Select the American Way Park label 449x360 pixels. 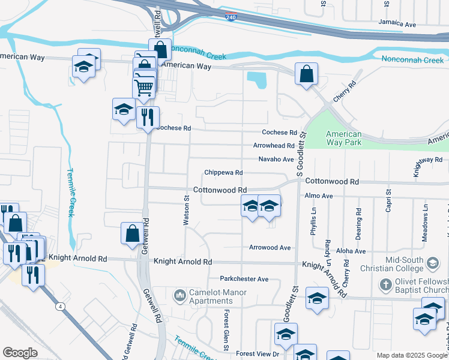coord(344,138)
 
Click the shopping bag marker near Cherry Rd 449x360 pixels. coord(306,74)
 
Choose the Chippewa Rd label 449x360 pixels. coord(223,172)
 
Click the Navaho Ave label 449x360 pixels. coord(276,159)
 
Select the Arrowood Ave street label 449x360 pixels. coord(270,247)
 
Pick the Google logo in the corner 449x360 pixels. coord(20,353)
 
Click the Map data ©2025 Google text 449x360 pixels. coord(411,355)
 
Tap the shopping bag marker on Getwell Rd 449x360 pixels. coord(132,233)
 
